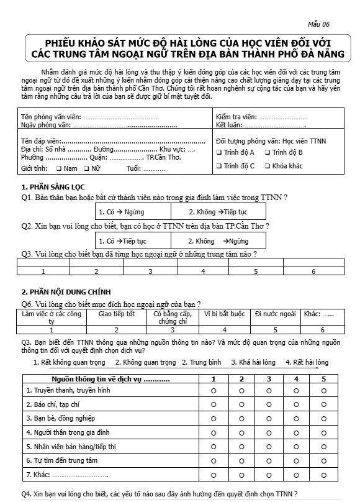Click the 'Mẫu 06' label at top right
320,24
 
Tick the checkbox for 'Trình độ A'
219,152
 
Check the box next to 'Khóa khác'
267,166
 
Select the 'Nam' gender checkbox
58,168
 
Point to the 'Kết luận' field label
228,125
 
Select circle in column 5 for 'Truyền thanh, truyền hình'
323,390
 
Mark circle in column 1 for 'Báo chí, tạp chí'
214,404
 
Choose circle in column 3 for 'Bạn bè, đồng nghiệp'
269,418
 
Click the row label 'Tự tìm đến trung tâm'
61,460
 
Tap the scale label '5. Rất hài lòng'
307,362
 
